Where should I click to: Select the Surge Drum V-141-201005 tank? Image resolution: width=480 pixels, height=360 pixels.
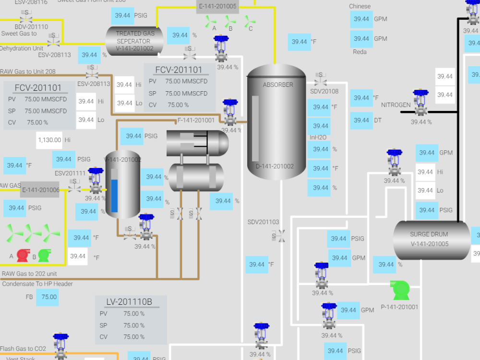pos(429,240)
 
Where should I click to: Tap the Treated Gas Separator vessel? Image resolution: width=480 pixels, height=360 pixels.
pos(135,41)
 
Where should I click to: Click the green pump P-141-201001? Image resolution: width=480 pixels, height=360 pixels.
pos(400,290)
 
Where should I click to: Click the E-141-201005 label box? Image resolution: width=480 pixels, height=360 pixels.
pos(217,7)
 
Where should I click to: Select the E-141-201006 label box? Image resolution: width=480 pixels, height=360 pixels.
pos(40,190)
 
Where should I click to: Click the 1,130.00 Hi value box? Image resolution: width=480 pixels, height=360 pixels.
pos(49,140)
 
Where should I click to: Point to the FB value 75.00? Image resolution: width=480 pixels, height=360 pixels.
pos(49,297)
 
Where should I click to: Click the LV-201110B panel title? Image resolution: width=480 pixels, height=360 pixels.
pos(129,302)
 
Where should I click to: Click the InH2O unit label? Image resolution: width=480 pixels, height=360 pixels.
pos(318,138)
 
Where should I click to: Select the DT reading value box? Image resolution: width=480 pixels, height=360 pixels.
pos(361,120)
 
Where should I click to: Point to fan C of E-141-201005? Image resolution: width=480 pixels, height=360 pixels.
pos(249,21)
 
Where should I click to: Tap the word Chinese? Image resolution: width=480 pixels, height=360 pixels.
pos(360,6)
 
